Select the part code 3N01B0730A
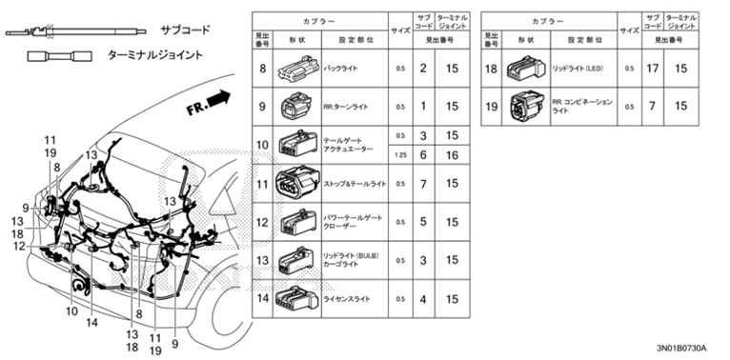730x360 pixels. pos(687,350)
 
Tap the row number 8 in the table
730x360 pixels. pos(262,70)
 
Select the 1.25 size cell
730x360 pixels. pos(400,154)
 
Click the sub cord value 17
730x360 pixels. pos(654,70)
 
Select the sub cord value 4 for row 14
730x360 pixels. pos(423,299)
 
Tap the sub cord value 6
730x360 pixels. pos(423,154)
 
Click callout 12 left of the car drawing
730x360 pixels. pos(19,245)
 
